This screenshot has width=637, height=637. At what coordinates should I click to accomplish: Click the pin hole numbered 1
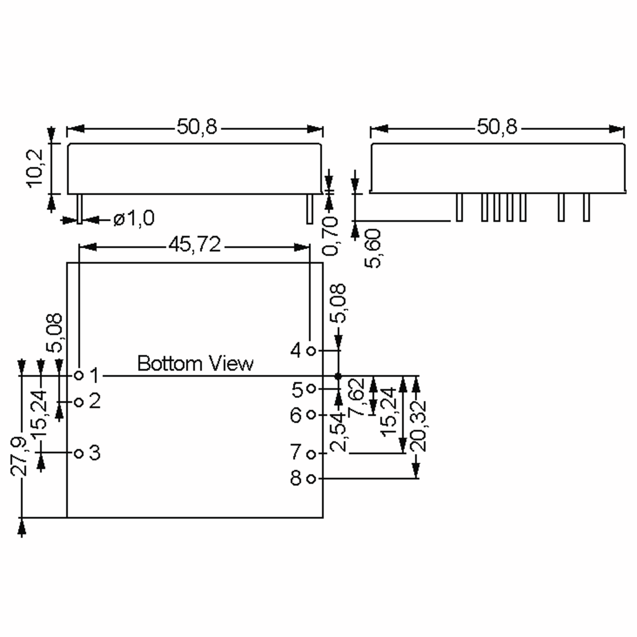point(79,375)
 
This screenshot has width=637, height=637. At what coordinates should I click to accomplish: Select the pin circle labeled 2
point(79,402)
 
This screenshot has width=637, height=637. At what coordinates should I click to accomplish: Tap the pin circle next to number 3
point(79,454)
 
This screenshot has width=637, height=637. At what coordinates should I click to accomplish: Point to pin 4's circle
point(311,351)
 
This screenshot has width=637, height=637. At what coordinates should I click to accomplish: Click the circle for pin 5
point(311,389)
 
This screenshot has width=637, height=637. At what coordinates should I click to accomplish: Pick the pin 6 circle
point(311,415)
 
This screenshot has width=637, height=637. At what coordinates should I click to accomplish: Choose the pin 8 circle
point(311,479)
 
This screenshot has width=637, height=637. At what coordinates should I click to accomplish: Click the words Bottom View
point(195,363)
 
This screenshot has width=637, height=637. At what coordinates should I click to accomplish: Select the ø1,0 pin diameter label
point(134,218)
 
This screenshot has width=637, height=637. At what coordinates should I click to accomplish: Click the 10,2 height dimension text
point(35,169)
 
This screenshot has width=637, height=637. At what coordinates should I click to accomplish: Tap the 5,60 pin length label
point(373,249)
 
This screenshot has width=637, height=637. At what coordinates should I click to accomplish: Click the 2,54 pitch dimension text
point(338,432)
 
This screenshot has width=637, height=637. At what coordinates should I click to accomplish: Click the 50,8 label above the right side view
point(497,127)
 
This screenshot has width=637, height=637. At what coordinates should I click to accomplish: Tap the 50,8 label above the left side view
point(197,127)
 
